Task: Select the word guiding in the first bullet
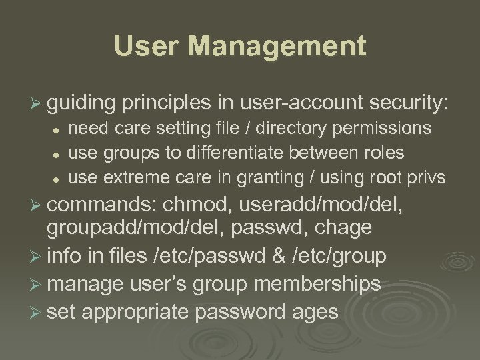point(81,103)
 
